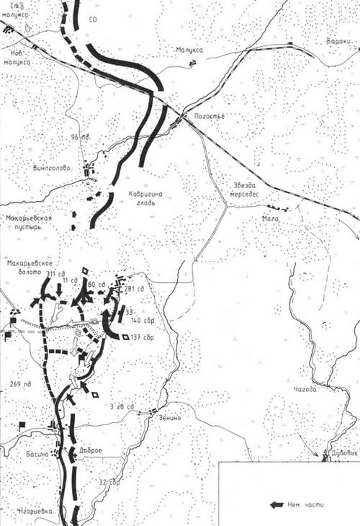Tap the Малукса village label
pyautogui.click(x=189, y=50)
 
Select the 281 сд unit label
pyautogui.click(x=135, y=289)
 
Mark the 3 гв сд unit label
pyautogui.click(x=120, y=407)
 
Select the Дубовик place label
pyautogui.click(x=344, y=453)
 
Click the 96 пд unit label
pyautogui.click(x=79, y=137)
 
